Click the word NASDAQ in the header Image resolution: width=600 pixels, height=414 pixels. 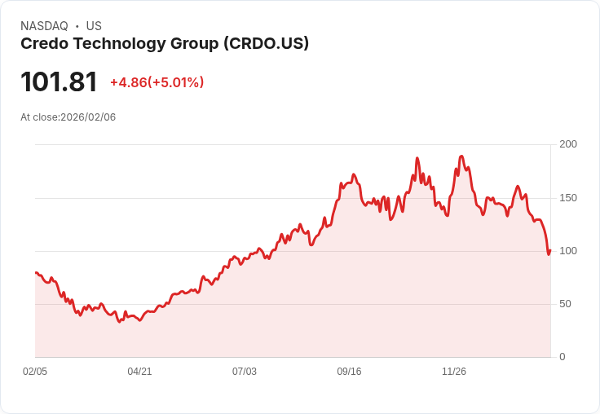44,26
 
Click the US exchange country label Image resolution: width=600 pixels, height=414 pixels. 94,26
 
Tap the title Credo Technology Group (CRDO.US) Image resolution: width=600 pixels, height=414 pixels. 165,44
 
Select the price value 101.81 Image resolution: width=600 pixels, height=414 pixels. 59,81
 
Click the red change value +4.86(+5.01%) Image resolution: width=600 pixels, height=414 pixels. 157,82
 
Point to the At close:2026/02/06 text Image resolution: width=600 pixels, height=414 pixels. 68,117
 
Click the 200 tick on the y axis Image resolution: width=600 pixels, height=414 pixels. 568,144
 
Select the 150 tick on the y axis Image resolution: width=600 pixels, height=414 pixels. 568,198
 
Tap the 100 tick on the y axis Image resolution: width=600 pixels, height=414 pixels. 568,251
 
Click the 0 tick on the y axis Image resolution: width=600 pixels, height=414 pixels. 562,357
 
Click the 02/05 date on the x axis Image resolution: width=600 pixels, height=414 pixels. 35,372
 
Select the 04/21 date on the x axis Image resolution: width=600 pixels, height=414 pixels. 139,372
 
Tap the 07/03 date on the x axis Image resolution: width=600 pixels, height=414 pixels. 245,372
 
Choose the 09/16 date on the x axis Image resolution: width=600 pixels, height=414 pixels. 349,372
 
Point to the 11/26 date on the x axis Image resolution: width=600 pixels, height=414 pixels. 454,372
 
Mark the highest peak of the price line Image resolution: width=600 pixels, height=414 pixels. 461,156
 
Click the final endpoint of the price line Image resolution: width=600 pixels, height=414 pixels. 550,250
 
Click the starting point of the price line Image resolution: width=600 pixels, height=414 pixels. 36,272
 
